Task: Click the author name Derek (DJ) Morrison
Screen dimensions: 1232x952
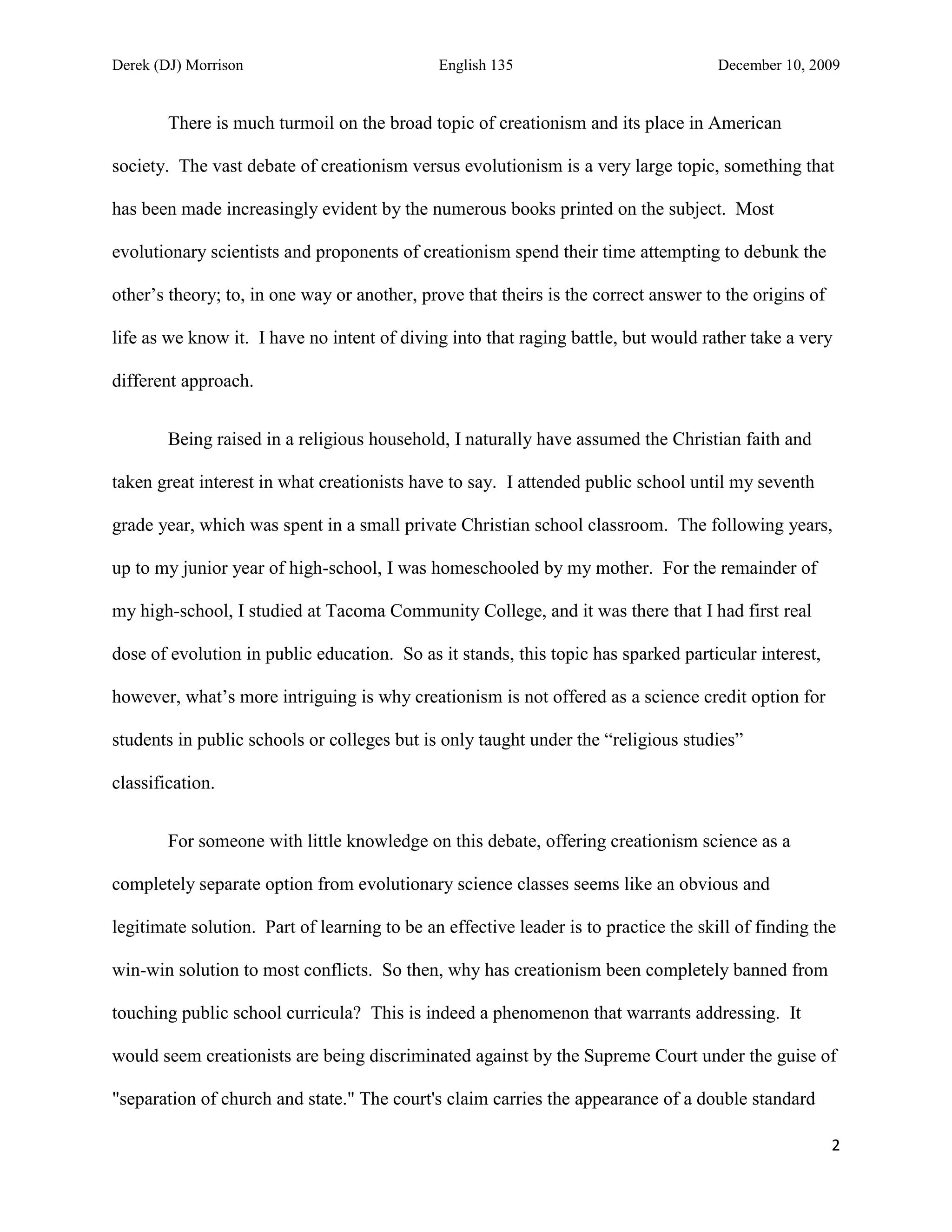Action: (178, 66)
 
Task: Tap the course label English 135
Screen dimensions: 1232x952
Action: (476, 66)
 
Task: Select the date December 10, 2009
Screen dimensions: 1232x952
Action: (778, 66)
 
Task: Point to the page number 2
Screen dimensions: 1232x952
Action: (835, 1146)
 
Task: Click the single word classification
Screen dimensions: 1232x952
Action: (163, 783)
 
